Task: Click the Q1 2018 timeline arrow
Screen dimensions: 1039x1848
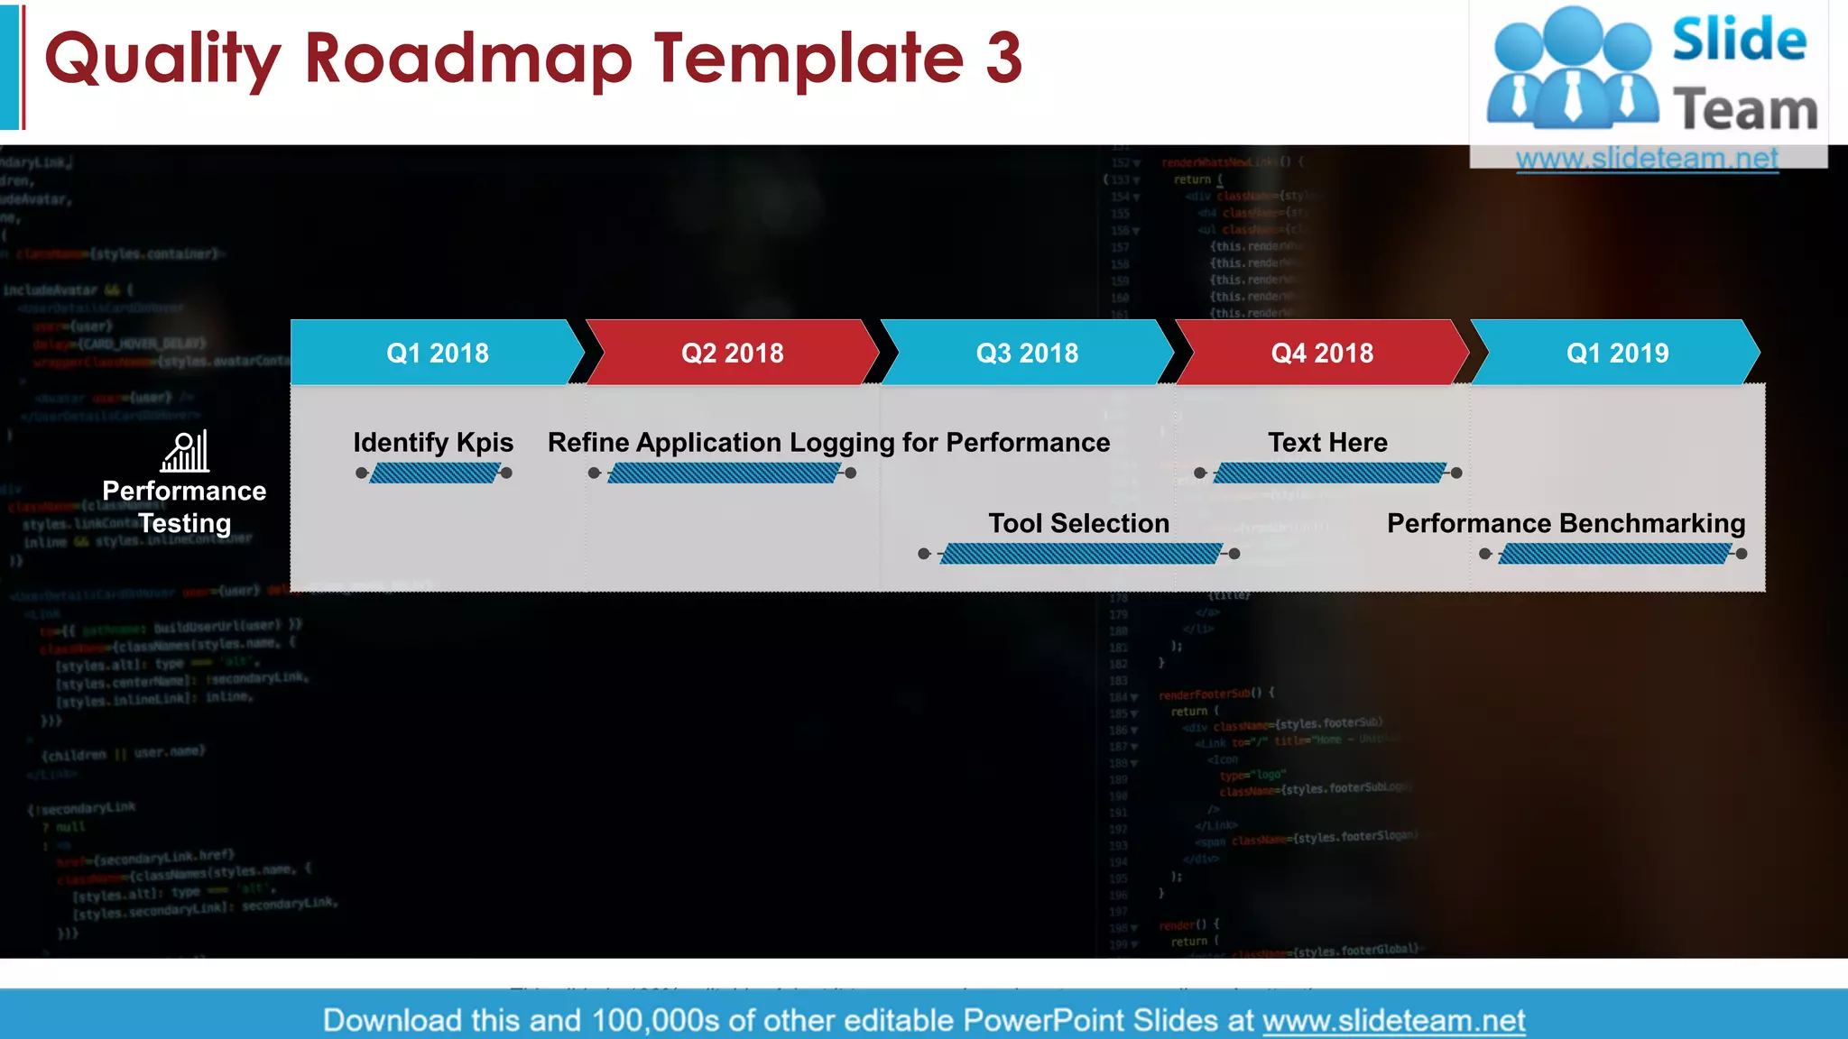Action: point(438,353)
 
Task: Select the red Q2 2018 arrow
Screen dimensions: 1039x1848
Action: point(732,353)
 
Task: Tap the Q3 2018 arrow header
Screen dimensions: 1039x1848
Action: point(1027,353)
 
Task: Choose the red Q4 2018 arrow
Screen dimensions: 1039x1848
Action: point(1322,353)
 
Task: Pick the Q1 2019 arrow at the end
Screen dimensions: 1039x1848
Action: point(1617,353)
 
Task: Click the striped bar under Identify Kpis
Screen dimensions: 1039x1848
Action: point(434,473)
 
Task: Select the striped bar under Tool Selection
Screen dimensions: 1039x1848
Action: point(1080,554)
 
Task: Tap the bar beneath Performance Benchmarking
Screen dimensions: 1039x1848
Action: point(1614,554)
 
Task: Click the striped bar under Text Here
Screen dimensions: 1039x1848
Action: point(1329,473)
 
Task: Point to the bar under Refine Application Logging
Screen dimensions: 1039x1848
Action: point(724,473)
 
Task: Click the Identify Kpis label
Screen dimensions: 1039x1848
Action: point(433,442)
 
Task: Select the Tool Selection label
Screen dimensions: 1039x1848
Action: point(1078,523)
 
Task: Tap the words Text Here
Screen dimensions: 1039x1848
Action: point(1327,442)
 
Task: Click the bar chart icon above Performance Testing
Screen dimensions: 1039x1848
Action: point(185,451)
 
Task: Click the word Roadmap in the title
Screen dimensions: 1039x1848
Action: point(468,58)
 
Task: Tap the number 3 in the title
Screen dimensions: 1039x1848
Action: point(1003,58)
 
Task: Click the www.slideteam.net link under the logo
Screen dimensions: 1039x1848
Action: point(1647,158)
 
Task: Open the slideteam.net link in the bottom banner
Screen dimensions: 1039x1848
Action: point(1393,1020)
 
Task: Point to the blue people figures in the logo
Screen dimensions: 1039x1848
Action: point(1572,68)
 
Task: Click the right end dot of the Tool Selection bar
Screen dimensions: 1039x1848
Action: point(1234,554)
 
